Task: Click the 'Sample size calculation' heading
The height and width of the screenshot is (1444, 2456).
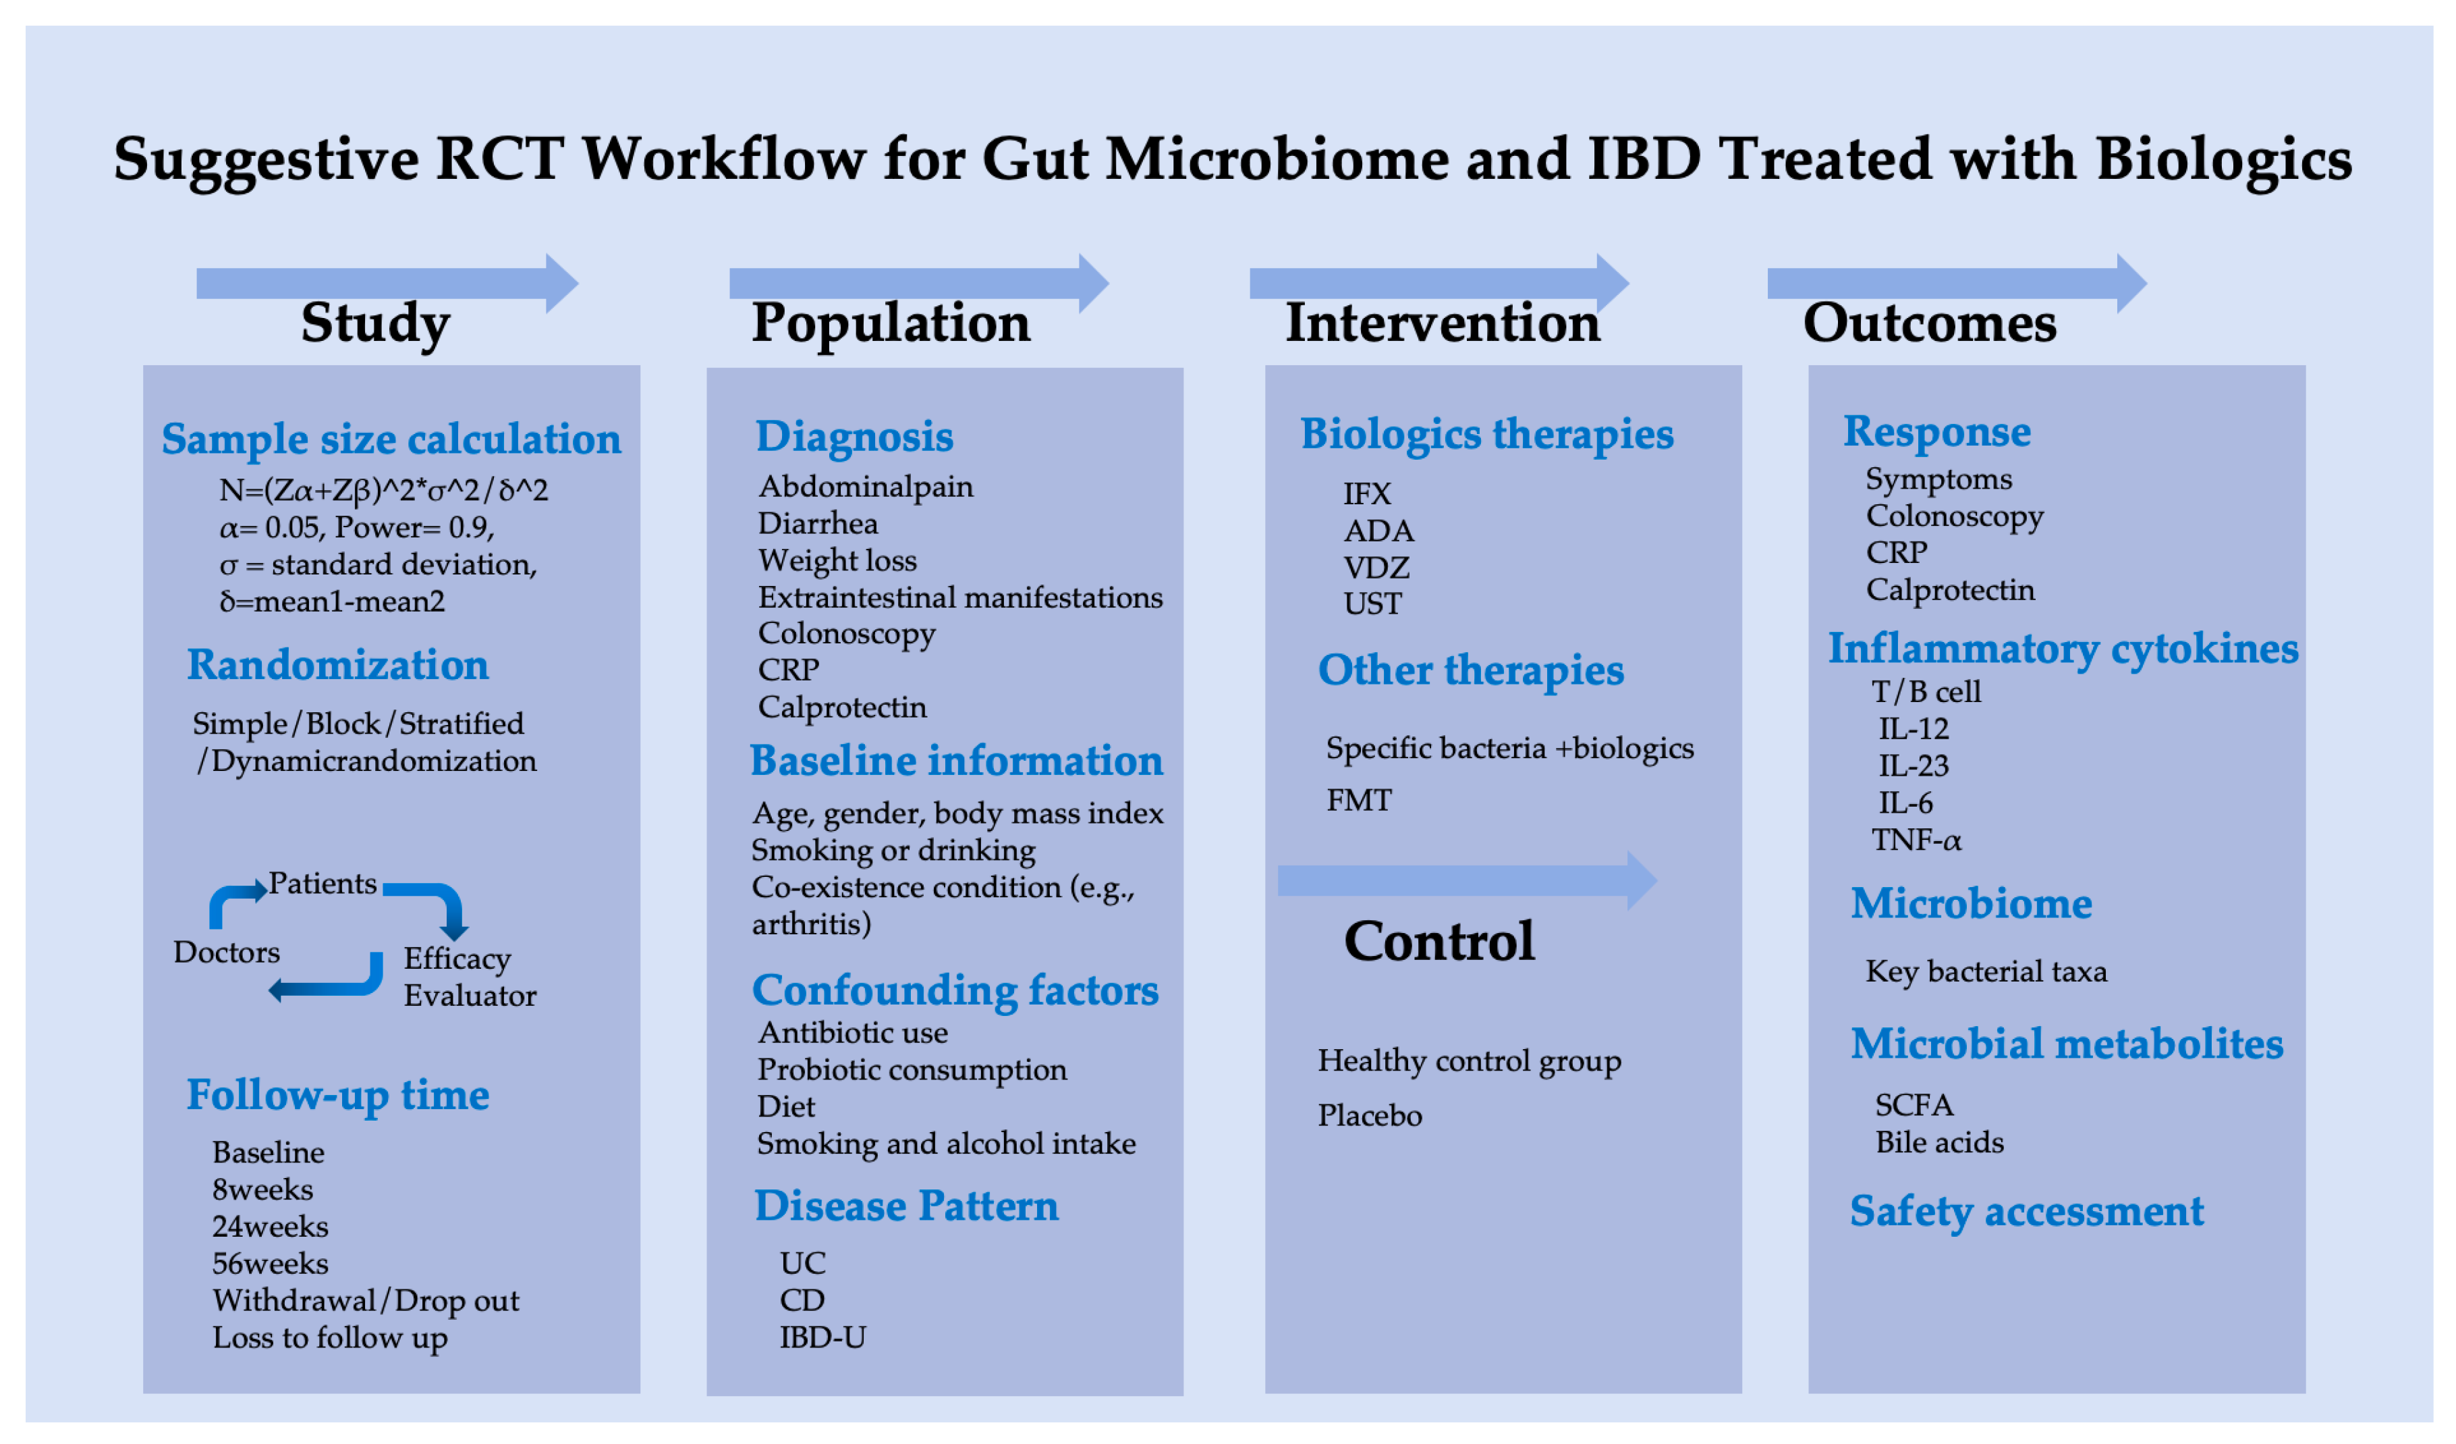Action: (x=391, y=439)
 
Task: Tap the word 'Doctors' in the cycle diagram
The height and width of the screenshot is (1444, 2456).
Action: (x=226, y=953)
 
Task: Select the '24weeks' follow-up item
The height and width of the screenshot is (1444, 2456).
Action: (x=270, y=1227)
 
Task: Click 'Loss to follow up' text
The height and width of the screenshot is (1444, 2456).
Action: (x=329, y=1338)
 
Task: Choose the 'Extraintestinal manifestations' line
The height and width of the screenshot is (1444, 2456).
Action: (x=960, y=597)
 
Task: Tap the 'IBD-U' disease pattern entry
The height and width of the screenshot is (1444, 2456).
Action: (x=822, y=1338)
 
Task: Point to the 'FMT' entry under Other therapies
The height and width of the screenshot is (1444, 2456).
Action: (x=1359, y=801)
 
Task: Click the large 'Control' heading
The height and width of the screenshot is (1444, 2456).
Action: (x=1439, y=942)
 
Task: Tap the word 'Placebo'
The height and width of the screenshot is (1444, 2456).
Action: (x=1369, y=1115)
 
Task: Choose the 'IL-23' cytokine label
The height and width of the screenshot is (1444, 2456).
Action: (x=1913, y=766)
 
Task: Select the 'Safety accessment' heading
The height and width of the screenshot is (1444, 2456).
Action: (x=2026, y=1212)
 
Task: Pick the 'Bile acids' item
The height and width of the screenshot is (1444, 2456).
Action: (x=1939, y=1143)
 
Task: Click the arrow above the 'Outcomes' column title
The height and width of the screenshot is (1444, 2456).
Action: (x=1956, y=284)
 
